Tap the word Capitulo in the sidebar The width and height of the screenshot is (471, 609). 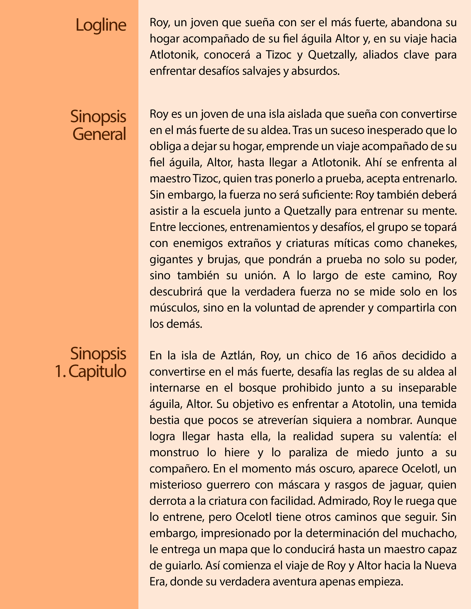click(97, 372)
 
